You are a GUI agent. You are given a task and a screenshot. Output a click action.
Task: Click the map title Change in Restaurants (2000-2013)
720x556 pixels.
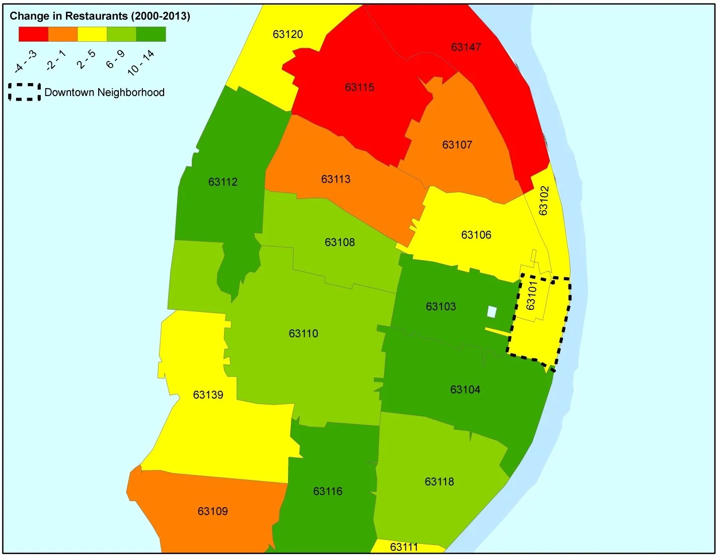point(100,16)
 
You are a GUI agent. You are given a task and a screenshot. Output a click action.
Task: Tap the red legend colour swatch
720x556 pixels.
point(33,34)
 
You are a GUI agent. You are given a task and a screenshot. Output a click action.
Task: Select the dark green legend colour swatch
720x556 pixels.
point(151,34)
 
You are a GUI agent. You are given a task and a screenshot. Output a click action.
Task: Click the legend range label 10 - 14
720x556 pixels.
point(141,63)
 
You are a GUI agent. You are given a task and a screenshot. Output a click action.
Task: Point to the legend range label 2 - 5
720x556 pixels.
point(86,59)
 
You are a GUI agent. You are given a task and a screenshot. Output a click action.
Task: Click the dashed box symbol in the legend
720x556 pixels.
point(25,92)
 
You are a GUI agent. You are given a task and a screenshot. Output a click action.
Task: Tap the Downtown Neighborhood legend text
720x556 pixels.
point(104,93)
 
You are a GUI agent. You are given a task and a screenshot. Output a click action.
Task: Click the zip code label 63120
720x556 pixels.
point(287,34)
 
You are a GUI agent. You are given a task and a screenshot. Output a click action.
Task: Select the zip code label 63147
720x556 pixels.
point(466,47)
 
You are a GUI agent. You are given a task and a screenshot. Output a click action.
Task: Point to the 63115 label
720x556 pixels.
point(359,88)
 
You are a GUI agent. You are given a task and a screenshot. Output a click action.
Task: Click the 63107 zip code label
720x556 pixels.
point(457,145)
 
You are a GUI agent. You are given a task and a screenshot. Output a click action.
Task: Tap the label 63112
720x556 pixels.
point(223,182)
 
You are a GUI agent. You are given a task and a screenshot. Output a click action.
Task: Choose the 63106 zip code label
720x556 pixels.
point(476,235)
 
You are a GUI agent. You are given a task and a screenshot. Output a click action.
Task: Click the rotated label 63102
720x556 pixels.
point(544,201)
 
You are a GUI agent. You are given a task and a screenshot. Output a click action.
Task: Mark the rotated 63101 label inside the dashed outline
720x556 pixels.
point(531,295)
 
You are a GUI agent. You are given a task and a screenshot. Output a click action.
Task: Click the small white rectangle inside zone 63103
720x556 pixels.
point(492,312)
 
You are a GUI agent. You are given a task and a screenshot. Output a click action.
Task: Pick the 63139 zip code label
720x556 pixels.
point(208,395)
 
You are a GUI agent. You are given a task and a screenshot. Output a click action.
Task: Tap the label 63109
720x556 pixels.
point(212,512)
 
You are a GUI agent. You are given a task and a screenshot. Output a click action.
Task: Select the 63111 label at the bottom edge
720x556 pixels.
point(404,547)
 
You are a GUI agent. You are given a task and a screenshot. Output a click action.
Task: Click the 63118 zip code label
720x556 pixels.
point(439,482)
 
